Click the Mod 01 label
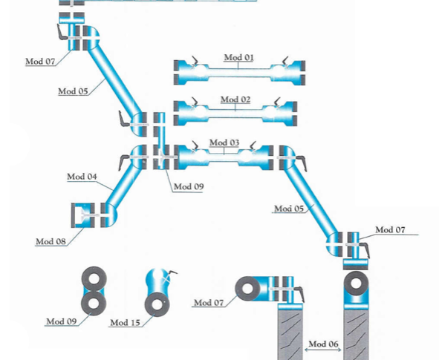click(x=239, y=57)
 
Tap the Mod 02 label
click(x=235, y=99)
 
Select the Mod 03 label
click(x=224, y=143)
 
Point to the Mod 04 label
click(x=82, y=177)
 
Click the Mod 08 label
click(x=51, y=241)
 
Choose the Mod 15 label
click(x=125, y=323)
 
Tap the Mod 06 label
click(x=323, y=344)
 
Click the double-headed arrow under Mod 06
click(x=323, y=350)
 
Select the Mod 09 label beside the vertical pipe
click(x=189, y=186)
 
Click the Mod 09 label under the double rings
click(x=62, y=321)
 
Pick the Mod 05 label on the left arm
click(x=73, y=91)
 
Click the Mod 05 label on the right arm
click(x=289, y=209)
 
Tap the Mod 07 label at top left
click(x=40, y=62)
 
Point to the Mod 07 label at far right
click(x=390, y=229)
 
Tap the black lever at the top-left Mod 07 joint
click(x=62, y=32)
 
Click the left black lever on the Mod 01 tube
click(x=195, y=60)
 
